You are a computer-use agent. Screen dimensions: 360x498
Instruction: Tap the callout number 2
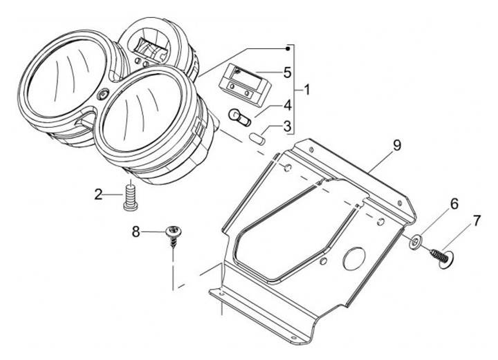pos(99,194)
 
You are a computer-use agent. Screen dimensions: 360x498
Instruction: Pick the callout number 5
pos(287,72)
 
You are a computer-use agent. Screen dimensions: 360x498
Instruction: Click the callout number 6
pos(454,204)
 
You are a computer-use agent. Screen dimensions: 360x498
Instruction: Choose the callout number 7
pos(475,222)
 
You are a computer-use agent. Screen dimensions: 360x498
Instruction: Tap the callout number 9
pos(397,146)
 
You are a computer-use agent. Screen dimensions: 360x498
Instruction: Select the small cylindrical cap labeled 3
pos(259,134)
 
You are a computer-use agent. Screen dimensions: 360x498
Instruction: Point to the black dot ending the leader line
pos(288,48)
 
